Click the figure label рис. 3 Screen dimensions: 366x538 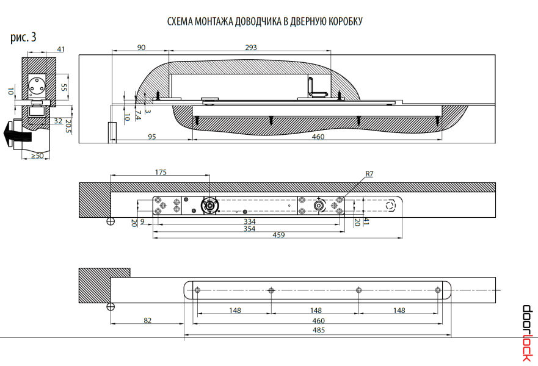pyautogui.click(x=23, y=37)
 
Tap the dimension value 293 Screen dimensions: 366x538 pyautogui.click(x=250, y=48)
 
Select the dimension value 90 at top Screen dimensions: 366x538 pyautogui.click(x=141, y=48)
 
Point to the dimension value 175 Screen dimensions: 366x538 pyautogui.click(x=160, y=173)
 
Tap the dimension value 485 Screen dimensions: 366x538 pyautogui.click(x=318, y=330)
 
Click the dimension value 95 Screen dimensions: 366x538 pyautogui.click(x=152, y=137)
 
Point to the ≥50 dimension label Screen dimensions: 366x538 pyautogui.click(x=37, y=156)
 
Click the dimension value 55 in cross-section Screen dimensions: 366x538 pyautogui.click(x=64, y=87)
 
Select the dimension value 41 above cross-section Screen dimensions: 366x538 pyautogui.click(x=60, y=49)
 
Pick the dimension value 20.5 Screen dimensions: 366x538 pyautogui.click(x=68, y=126)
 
